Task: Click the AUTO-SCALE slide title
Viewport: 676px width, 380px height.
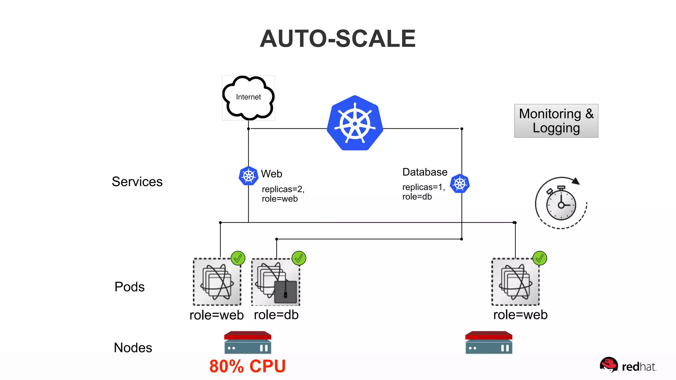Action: click(x=337, y=39)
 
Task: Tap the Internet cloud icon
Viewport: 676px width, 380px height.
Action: click(x=248, y=98)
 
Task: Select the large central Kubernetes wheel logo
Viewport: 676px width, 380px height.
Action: click(x=355, y=123)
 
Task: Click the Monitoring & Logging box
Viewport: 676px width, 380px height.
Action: click(x=556, y=121)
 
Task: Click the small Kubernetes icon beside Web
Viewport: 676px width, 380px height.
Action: click(x=248, y=176)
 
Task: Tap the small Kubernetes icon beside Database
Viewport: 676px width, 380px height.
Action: click(x=459, y=183)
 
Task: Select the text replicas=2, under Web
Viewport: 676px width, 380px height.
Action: click(x=283, y=189)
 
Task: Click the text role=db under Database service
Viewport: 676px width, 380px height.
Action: click(x=417, y=197)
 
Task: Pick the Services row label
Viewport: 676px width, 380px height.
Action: click(x=137, y=182)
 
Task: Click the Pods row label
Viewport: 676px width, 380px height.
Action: click(x=129, y=287)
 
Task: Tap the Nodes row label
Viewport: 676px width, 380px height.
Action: click(x=133, y=348)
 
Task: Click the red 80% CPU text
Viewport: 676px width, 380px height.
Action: click(x=247, y=366)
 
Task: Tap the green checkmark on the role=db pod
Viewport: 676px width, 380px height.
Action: click(x=299, y=258)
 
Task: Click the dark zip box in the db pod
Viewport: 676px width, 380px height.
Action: click(x=286, y=292)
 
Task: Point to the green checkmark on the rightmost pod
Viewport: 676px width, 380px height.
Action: click(x=540, y=258)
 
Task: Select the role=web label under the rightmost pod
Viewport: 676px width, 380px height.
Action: click(x=520, y=315)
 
